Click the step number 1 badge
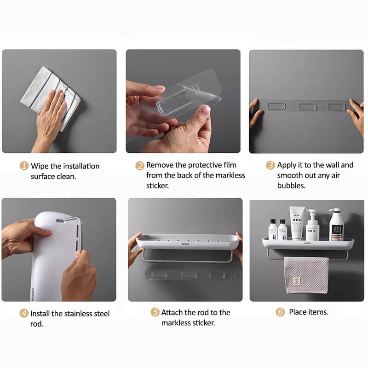(24, 166)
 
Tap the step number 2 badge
(140, 166)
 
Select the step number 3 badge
(270, 165)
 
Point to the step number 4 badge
(24, 313)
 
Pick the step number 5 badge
(155, 312)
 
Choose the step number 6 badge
(280, 312)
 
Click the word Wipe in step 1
(40, 166)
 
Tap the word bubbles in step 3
(291, 185)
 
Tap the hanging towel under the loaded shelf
(306, 275)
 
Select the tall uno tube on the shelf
(297, 223)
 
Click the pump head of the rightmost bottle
(334, 210)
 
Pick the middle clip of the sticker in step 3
(305, 107)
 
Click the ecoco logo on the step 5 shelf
(185, 244)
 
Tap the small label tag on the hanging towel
(297, 281)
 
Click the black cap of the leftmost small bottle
(273, 221)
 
